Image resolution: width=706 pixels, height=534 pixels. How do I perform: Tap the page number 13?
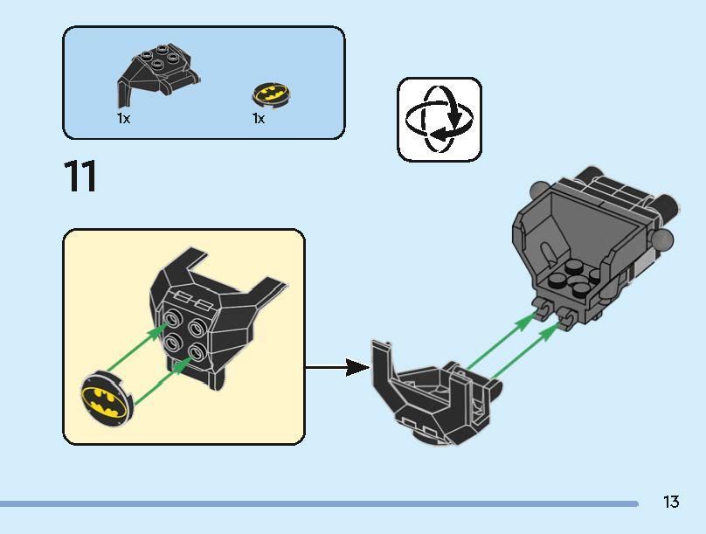(x=670, y=502)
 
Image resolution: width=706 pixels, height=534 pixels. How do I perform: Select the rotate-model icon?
(x=439, y=119)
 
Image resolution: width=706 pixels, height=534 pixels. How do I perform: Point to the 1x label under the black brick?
(x=123, y=118)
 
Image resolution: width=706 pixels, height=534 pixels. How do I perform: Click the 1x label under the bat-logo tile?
(x=259, y=118)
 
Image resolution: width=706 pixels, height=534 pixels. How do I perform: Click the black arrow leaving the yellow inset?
(x=337, y=367)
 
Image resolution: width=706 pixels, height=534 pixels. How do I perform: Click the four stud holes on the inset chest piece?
(x=183, y=333)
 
